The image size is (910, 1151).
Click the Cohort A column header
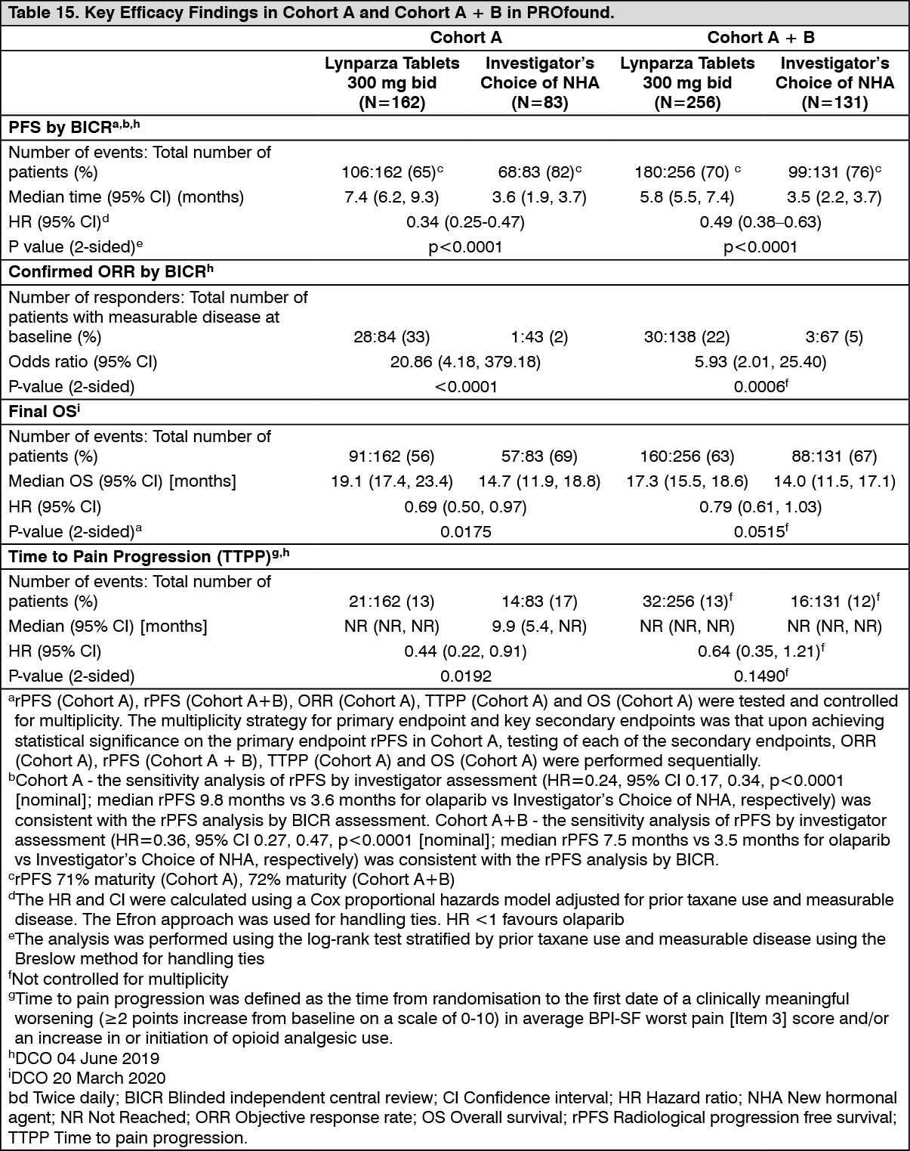465,38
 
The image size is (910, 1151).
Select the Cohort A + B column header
760,38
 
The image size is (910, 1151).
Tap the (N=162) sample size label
391,103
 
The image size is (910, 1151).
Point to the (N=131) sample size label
834,103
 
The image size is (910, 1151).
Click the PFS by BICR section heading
73,128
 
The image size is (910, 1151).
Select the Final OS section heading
44,411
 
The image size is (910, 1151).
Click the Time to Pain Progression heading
148,557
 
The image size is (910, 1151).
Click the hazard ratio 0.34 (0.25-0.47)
465,222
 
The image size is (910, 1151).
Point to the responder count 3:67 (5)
834,337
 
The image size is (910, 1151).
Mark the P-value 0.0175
465,532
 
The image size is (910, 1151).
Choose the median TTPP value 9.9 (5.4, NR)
539,627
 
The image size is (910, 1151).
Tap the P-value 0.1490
760,676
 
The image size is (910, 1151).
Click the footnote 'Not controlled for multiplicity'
121,979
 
